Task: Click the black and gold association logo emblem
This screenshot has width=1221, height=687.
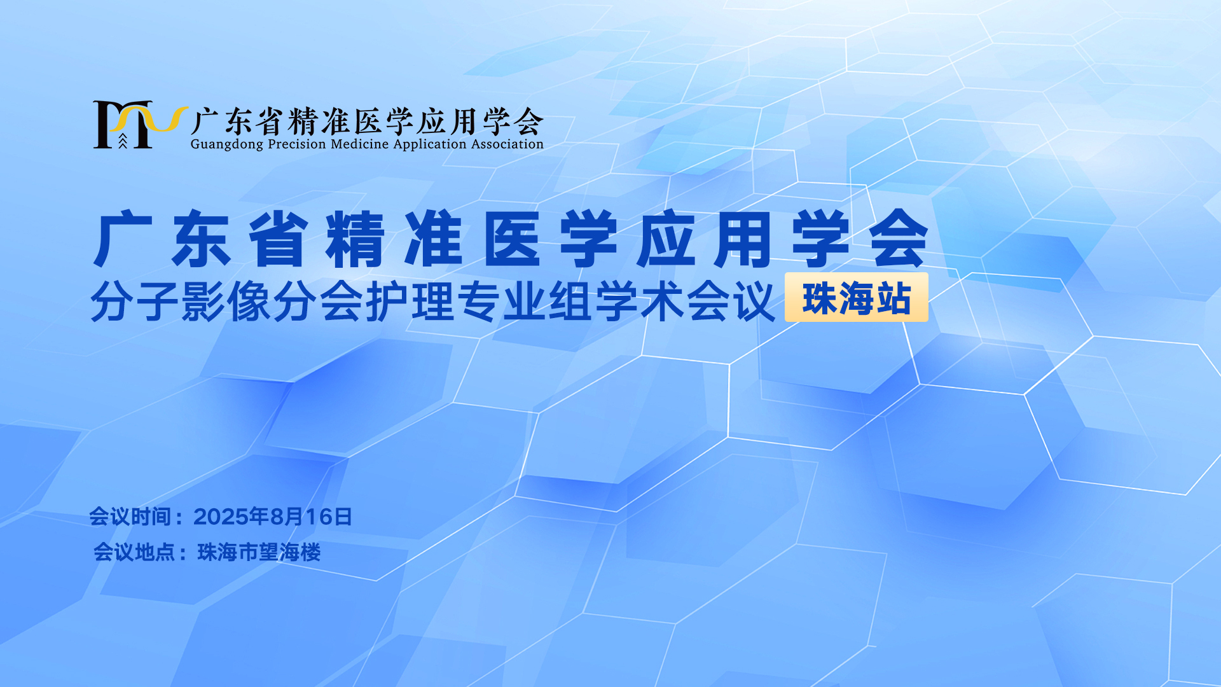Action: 141,125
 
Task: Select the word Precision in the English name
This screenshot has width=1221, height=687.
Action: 297,144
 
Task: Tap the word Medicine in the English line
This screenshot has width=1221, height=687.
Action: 360,144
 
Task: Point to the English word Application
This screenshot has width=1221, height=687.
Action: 431,144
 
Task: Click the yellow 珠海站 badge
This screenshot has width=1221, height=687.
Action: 857,297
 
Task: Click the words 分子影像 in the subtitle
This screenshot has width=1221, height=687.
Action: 181,301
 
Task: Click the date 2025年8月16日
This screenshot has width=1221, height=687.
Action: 273,517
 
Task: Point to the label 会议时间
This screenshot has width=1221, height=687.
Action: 130,517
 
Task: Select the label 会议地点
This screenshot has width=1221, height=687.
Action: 134,552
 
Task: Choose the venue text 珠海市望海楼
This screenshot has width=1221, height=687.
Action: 259,552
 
